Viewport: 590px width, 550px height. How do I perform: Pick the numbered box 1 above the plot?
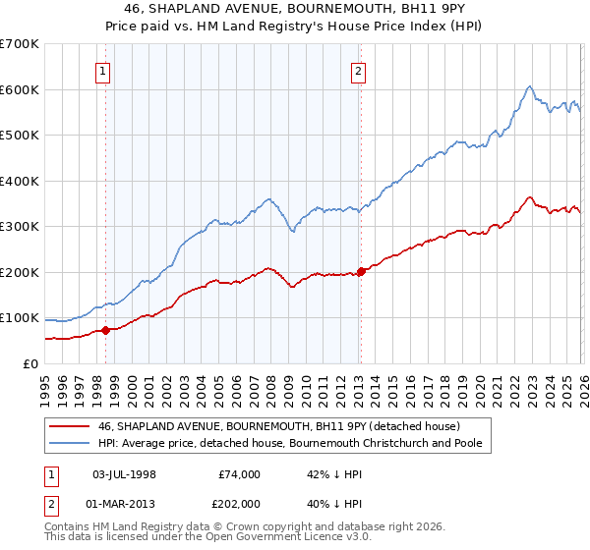pyautogui.click(x=104, y=71)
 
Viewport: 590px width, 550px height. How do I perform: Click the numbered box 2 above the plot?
pyautogui.click(x=358, y=71)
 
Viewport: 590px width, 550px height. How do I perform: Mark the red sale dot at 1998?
pyautogui.click(x=105, y=330)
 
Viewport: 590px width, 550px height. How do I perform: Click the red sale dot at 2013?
pyautogui.click(x=360, y=271)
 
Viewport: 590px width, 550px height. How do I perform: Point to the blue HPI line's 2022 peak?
pyautogui.click(x=529, y=86)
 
